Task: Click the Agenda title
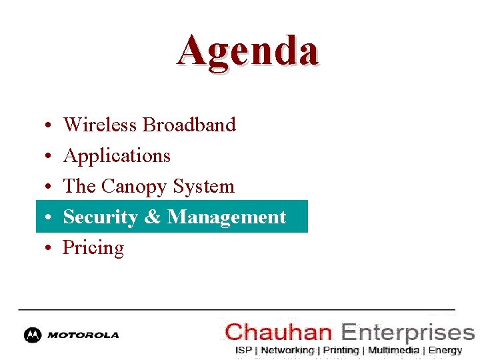248,51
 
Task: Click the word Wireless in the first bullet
100,125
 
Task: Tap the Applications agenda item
117,156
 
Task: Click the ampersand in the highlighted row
153,217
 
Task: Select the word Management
227,217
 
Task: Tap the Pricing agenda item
93,248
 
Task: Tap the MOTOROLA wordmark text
83,335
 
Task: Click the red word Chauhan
279,331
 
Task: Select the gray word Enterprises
407,332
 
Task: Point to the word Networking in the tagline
287,350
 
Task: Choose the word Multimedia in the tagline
393,350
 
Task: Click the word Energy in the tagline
445,350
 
